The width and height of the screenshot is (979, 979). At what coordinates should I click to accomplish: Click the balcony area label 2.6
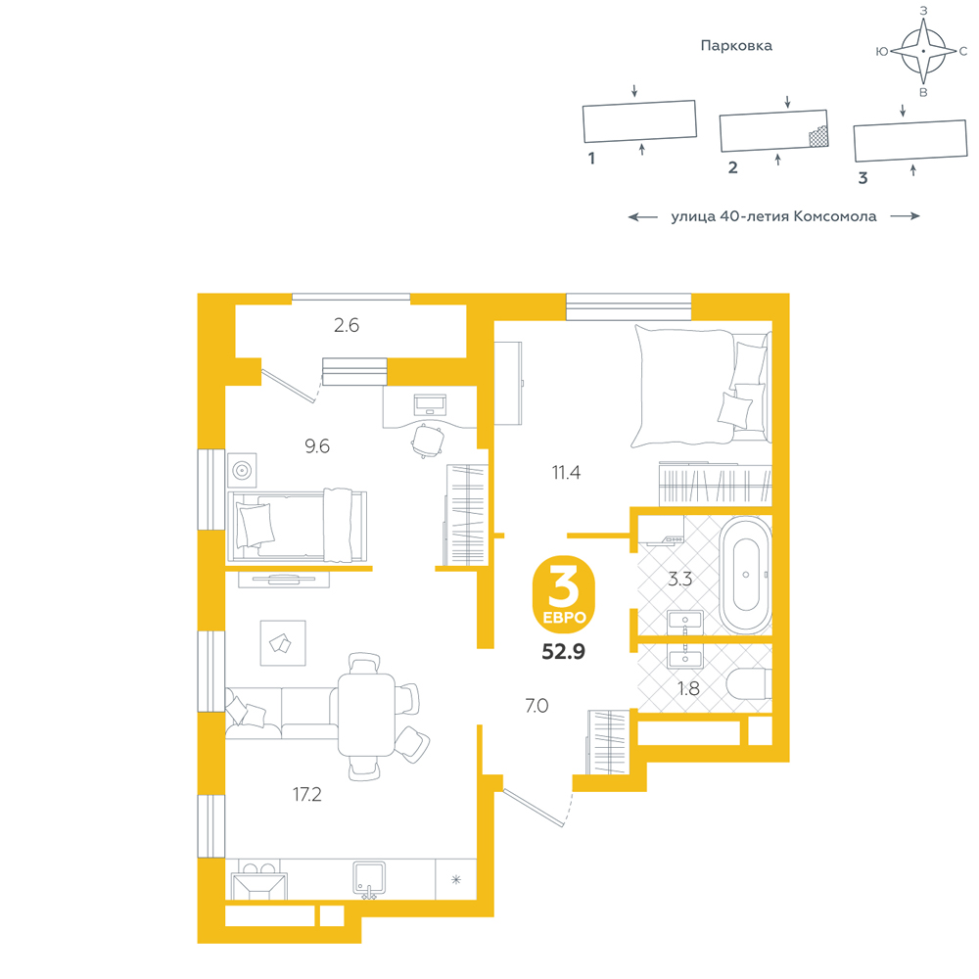click(x=347, y=325)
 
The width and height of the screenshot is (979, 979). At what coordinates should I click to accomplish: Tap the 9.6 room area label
click(x=317, y=446)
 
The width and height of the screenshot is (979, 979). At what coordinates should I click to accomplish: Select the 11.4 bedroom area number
click(x=566, y=473)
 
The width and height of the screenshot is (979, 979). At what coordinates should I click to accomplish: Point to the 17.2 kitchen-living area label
click(x=307, y=794)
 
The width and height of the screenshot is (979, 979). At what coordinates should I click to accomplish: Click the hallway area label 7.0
click(x=536, y=706)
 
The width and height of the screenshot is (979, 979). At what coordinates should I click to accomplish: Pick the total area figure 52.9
click(x=563, y=652)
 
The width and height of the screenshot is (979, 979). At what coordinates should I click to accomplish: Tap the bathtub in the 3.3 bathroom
click(x=745, y=575)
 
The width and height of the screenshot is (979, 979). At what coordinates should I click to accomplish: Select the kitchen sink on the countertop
click(x=369, y=879)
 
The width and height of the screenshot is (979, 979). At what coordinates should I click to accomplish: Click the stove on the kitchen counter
click(x=258, y=880)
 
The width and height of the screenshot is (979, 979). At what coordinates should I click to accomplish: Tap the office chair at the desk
click(x=428, y=441)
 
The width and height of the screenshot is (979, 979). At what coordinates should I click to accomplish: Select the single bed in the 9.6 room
click(x=298, y=526)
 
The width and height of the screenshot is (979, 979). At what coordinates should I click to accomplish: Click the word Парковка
click(x=736, y=46)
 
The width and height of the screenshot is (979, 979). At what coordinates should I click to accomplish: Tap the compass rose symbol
click(x=923, y=51)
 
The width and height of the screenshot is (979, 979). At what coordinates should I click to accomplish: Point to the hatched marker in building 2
click(x=818, y=137)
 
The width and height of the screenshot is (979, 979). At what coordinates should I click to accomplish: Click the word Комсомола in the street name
click(x=835, y=216)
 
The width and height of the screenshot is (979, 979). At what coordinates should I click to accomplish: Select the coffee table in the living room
click(x=283, y=643)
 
